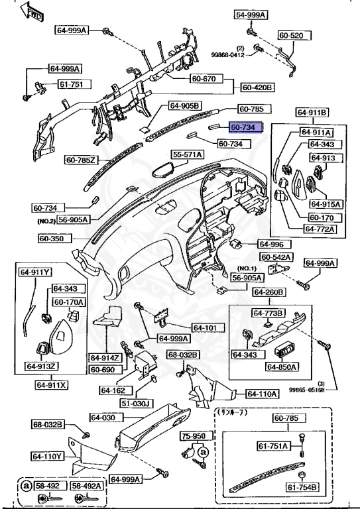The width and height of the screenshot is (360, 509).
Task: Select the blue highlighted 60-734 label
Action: point(247,126)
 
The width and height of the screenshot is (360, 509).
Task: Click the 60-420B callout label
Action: point(258,87)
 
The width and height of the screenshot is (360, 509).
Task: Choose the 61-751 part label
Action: point(70,84)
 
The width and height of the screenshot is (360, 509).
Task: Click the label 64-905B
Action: point(184,105)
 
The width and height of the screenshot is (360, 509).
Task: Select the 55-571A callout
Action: point(188,154)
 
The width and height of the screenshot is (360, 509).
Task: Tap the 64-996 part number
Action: point(271,244)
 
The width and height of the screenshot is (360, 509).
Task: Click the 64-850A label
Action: point(282,367)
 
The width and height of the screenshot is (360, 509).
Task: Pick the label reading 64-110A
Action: point(262,394)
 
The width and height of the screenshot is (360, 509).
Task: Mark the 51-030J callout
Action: point(136,403)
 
